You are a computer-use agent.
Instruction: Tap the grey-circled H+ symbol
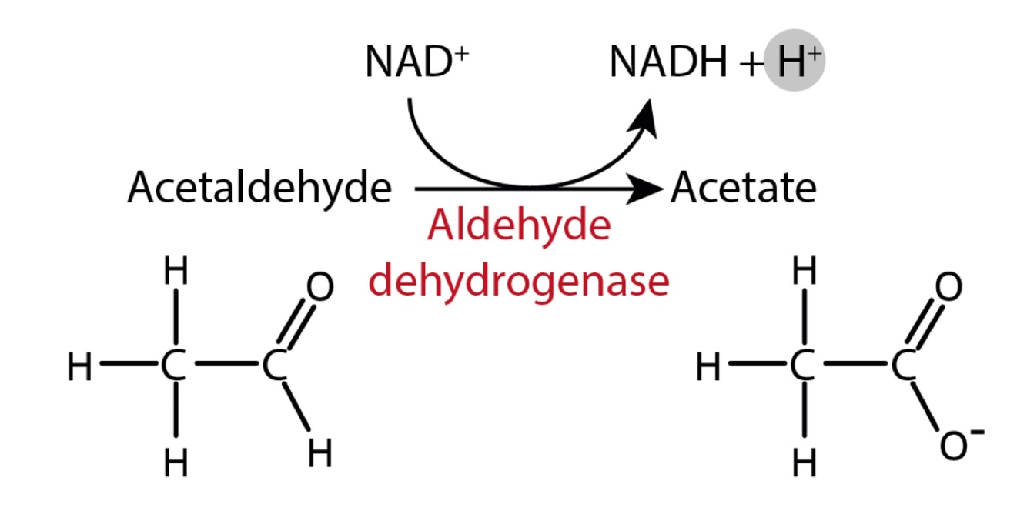(795, 62)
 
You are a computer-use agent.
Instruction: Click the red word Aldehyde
(520, 227)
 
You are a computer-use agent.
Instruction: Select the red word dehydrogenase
(520, 281)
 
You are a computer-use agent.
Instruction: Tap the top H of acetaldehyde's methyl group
(176, 272)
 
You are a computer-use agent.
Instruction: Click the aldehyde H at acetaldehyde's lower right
(319, 454)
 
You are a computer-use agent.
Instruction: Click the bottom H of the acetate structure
(804, 462)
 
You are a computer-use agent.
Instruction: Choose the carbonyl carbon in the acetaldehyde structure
(273, 368)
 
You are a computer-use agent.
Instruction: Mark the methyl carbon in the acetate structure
(803, 368)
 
